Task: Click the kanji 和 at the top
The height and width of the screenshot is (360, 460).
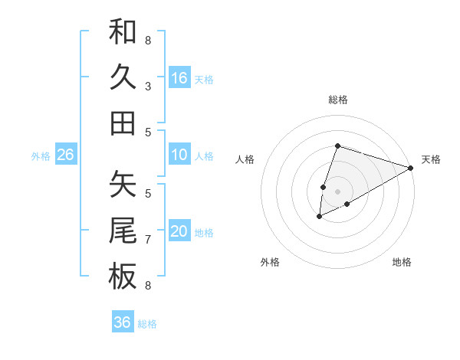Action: (123, 31)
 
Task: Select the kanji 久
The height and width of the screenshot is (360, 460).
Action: (123, 77)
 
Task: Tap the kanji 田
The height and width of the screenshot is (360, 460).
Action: (123, 123)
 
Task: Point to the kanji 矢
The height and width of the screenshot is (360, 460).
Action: (123, 185)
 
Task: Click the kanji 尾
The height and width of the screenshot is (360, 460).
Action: (123, 231)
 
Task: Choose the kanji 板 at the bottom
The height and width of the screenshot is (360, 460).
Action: (123, 277)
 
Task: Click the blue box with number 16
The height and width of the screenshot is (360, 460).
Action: (179, 78)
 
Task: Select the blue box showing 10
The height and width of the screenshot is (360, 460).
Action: (179, 155)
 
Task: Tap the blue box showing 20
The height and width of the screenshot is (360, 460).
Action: (179, 232)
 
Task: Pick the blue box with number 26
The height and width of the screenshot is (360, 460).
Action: (65, 155)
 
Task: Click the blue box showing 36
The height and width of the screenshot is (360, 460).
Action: (123, 322)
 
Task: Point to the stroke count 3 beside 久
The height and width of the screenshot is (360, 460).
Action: (148, 86)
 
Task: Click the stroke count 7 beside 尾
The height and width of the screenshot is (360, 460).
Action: (148, 240)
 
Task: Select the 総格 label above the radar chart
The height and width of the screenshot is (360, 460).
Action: (338, 100)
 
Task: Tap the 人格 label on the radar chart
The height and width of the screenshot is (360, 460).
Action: (245, 159)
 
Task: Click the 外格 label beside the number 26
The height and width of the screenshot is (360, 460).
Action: (41, 156)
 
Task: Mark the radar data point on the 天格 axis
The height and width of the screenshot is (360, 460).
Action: (411, 168)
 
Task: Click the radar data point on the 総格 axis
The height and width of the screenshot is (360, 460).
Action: (338, 146)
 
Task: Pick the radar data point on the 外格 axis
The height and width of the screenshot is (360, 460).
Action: (320, 218)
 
